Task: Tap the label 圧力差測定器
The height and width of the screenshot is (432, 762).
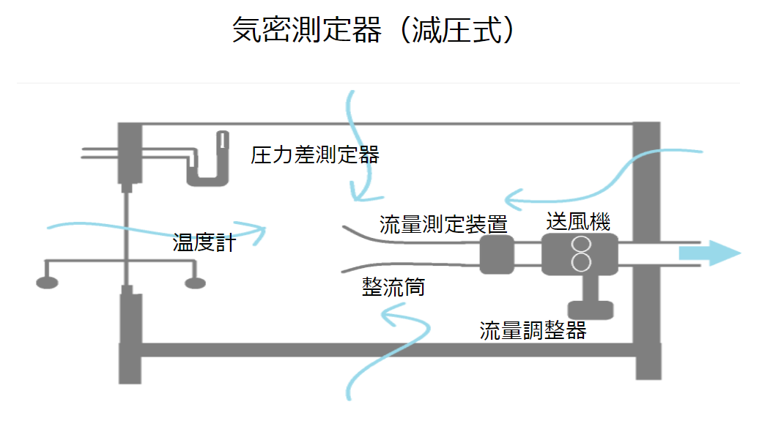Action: [314, 155]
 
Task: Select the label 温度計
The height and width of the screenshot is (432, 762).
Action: [204, 242]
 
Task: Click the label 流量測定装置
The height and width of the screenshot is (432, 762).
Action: [443, 224]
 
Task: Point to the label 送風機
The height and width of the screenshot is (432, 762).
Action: [578, 220]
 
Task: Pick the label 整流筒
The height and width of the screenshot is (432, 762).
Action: [393, 287]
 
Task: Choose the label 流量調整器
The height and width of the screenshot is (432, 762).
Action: [533, 331]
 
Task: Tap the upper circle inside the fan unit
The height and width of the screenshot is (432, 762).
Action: [581, 245]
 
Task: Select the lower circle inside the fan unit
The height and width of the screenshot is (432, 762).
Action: [581, 262]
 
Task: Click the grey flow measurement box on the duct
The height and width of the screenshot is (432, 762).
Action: [497, 254]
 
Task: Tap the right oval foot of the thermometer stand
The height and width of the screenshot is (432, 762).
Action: [195, 282]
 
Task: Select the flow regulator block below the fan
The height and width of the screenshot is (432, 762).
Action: [591, 309]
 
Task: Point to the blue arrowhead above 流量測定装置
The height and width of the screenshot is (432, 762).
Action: [511, 198]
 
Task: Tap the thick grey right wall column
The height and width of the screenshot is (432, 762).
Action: [647, 249]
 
